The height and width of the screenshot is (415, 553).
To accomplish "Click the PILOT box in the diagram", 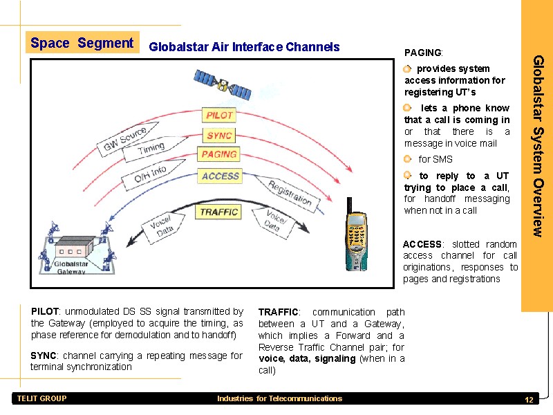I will pos(219,115).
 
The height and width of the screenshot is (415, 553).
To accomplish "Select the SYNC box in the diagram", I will pos(219,135).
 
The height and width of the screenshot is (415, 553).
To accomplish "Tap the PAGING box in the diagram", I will pos(219,155).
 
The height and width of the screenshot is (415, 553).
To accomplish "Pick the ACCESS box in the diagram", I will pos(220,176).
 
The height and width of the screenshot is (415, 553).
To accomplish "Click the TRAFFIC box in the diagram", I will pos(219,212).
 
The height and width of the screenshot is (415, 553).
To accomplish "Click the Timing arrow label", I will pos(151,148).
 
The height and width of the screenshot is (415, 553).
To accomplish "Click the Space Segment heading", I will pos(82,43).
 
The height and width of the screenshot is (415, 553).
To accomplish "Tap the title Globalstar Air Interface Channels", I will pos(244,47).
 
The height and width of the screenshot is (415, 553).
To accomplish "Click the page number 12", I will pos(529,401).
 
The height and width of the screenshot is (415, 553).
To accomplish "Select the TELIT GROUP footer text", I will pos(41,398).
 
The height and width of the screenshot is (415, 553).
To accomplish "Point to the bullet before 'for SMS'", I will pos(408,159).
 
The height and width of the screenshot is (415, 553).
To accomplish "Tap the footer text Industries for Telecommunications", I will pos(279,398).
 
